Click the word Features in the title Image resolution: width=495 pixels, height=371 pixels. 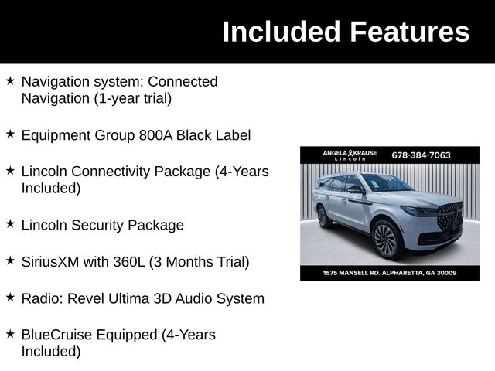pyautogui.click(x=409, y=32)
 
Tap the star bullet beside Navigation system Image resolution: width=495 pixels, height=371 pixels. pyautogui.click(x=10, y=80)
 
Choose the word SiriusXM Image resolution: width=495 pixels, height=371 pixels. pyautogui.click(x=49, y=262)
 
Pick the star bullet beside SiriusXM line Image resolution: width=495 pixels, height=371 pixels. pyautogui.click(x=10, y=261)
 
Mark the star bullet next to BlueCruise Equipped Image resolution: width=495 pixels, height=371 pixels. pyautogui.click(x=10, y=334)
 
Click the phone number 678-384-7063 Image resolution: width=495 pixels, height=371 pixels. pyautogui.click(x=421, y=155)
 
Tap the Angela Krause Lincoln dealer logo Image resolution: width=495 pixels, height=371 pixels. pyautogui.click(x=350, y=155)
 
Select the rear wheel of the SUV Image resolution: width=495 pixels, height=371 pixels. pyautogui.click(x=323, y=216)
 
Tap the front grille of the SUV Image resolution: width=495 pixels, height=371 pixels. pyautogui.click(x=449, y=216)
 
